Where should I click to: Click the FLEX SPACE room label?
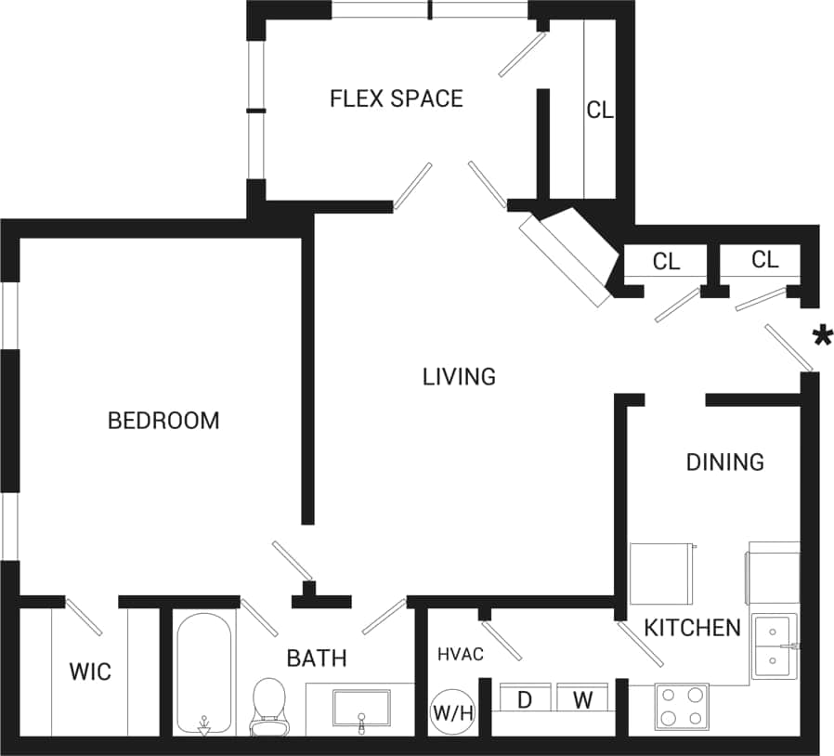pyautogui.click(x=397, y=98)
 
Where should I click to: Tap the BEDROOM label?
pyautogui.click(x=163, y=421)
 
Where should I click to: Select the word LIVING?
pyautogui.click(x=459, y=376)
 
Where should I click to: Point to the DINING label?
pyautogui.click(x=724, y=462)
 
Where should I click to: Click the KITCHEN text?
pyautogui.click(x=693, y=628)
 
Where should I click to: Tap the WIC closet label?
pyautogui.click(x=90, y=671)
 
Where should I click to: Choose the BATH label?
pyautogui.click(x=317, y=658)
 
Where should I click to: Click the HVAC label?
pyautogui.click(x=461, y=655)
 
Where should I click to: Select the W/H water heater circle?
pyautogui.click(x=453, y=714)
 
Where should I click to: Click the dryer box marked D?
pyautogui.click(x=525, y=699)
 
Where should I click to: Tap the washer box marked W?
pyautogui.click(x=582, y=699)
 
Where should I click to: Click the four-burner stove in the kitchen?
pyautogui.click(x=682, y=707)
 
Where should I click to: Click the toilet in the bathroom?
pyautogui.click(x=268, y=705)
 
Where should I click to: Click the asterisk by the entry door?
pyautogui.click(x=822, y=336)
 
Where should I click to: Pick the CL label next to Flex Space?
pyautogui.click(x=599, y=110)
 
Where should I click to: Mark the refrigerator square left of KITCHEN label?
pyautogui.click(x=661, y=574)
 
